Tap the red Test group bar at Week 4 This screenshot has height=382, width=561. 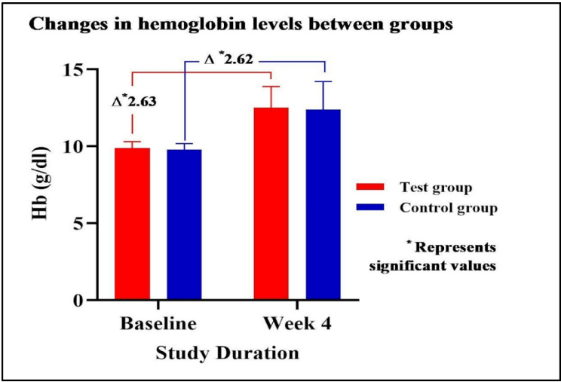pos(271,203)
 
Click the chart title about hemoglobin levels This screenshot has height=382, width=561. pos(241,25)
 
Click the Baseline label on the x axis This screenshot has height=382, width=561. pos(158,324)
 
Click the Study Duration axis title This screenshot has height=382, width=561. pos(228,352)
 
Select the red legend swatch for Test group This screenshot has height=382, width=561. pos(370,186)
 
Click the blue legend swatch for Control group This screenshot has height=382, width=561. pos(370,206)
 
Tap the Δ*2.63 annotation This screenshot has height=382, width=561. pos(133,100)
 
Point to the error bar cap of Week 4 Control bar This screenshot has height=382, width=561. pos(323,81)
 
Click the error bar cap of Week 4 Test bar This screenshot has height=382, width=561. pos(271,87)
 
